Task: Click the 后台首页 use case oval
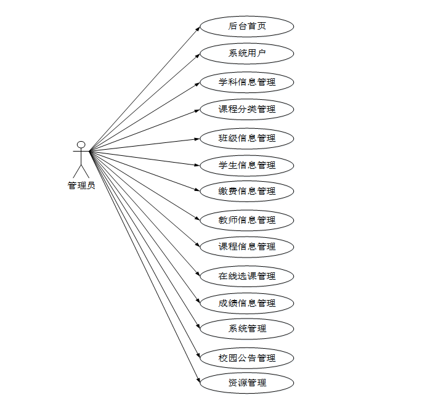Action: pyautogui.click(x=247, y=26)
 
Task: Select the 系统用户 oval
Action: pyautogui.click(x=247, y=54)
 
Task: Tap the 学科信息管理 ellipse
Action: pyautogui.click(x=247, y=82)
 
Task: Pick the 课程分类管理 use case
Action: pyautogui.click(x=247, y=110)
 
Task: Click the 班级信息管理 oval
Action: pyautogui.click(x=247, y=138)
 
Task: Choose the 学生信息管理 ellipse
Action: pyautogui.click(x=247, y=165)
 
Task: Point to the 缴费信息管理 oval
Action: pyautogui.click(x=247, y=192)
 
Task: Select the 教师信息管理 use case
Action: pyautogui.click(x=247, y=220)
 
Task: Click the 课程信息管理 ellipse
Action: pyautogui.click(x=247, y=246)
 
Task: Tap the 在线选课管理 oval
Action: pyautogui.click(x=247, y=276)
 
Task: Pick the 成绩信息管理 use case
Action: pyautogui.click(x=247, y=303)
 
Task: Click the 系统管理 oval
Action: pyautogui.click(x=247, y=329)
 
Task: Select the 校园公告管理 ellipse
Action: pyautogui.click(x=247, y=358)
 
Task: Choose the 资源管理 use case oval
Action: pyautogui.click(x=247, y=383)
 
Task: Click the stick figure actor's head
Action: pyautogui.click(x=81, y=145)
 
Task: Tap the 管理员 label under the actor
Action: pyautogui.click(x=81, y=185)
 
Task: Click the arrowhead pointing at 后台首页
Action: pyautogui.click(x=198, y=28)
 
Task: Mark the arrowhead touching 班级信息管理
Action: pyautogui.click(x=198, y=139)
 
